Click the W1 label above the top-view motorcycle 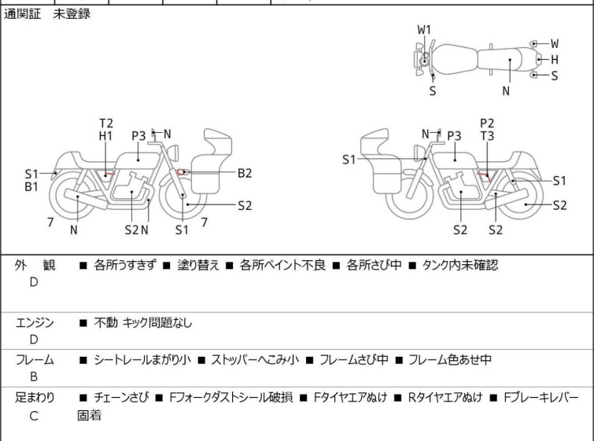point(424,30)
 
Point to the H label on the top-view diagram point(554,60)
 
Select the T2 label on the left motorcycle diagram point(106,123)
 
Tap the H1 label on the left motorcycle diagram point(106,136)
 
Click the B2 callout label point(245,173)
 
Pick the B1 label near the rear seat point(31,187)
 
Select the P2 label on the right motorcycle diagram point(487,123)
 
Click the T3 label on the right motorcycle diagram point(487,136)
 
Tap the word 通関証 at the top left point(24,14)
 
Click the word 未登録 point(72,14)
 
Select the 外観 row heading point(35,266)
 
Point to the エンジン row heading point(35,322)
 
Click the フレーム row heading point(35,360)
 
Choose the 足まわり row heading point(35,398)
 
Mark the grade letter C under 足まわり point(34,416)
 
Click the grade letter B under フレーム point(34,377)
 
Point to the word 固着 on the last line point(89,416)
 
